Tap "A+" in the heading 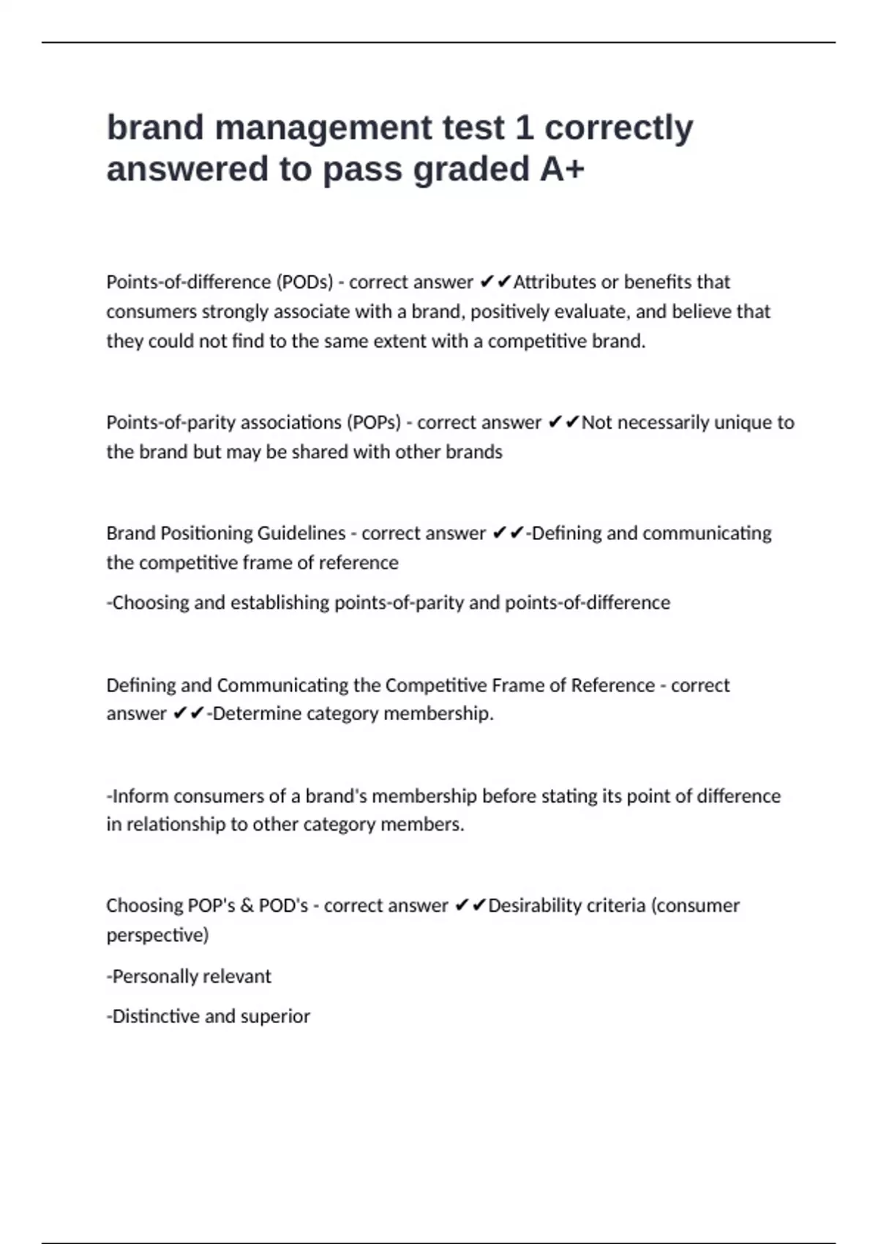(x=562, y=169)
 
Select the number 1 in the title (x=524, y=127)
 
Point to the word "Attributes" (x=555, y=282)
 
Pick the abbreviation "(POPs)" (x=374, y=422)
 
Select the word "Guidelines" (x=299, y=533)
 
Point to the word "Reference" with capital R (x=612, y=685)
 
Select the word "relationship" (x=176, y=825)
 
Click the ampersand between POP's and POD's (x=247, y=906)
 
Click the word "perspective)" (x=157, y=935)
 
